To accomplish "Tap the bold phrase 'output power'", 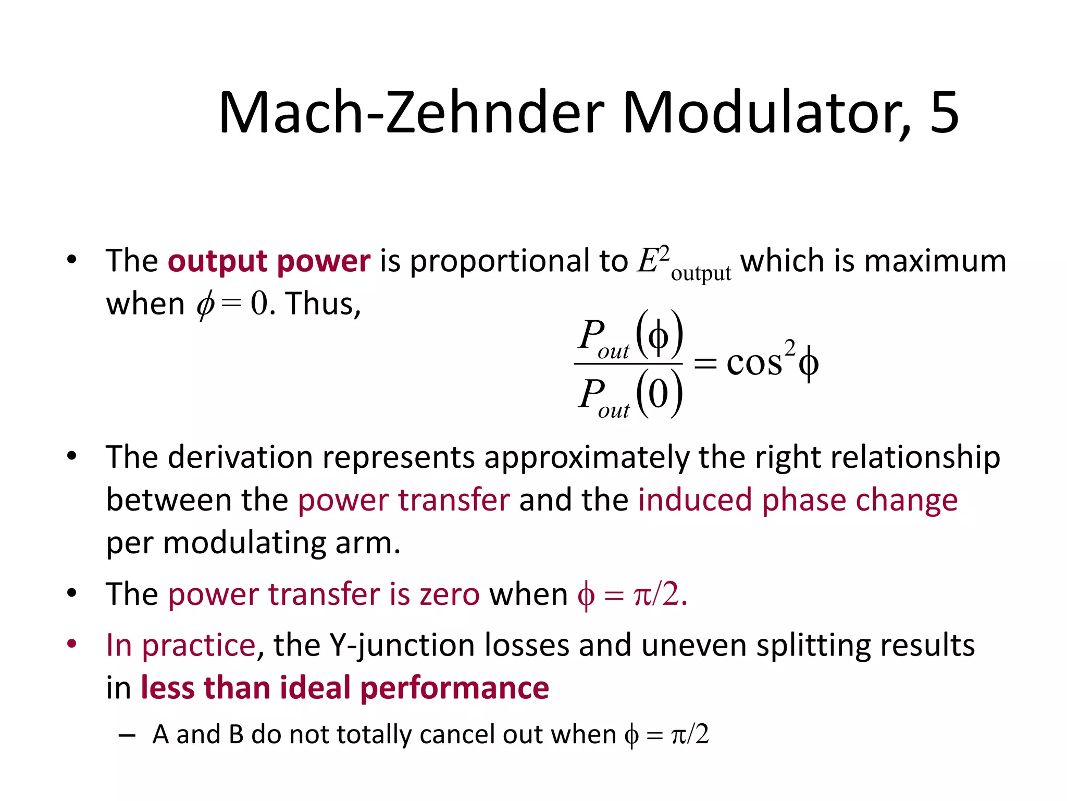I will [x=269, y=261].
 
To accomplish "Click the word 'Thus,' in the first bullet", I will [x=323, y=304].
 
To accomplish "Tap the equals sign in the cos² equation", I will [x=705, y=363].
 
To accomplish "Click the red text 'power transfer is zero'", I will [x=323, y=594].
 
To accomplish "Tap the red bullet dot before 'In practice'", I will [x=72, y=644].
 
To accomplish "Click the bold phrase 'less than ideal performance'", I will [x=345, y=688].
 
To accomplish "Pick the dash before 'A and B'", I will [x=127, y=735].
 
